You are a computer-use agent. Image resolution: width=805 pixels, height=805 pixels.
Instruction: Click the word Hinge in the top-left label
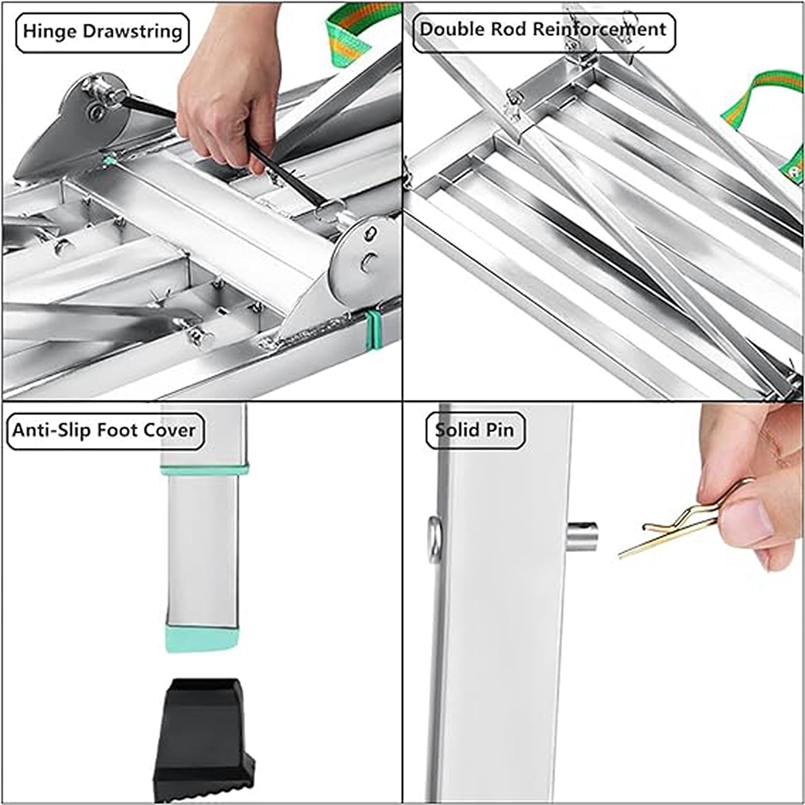click(x=50, y=31)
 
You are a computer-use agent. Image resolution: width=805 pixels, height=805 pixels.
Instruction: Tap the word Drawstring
click(x=132, y=31)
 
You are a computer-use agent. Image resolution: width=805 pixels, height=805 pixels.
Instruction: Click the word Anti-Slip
click(x=52, y=430)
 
